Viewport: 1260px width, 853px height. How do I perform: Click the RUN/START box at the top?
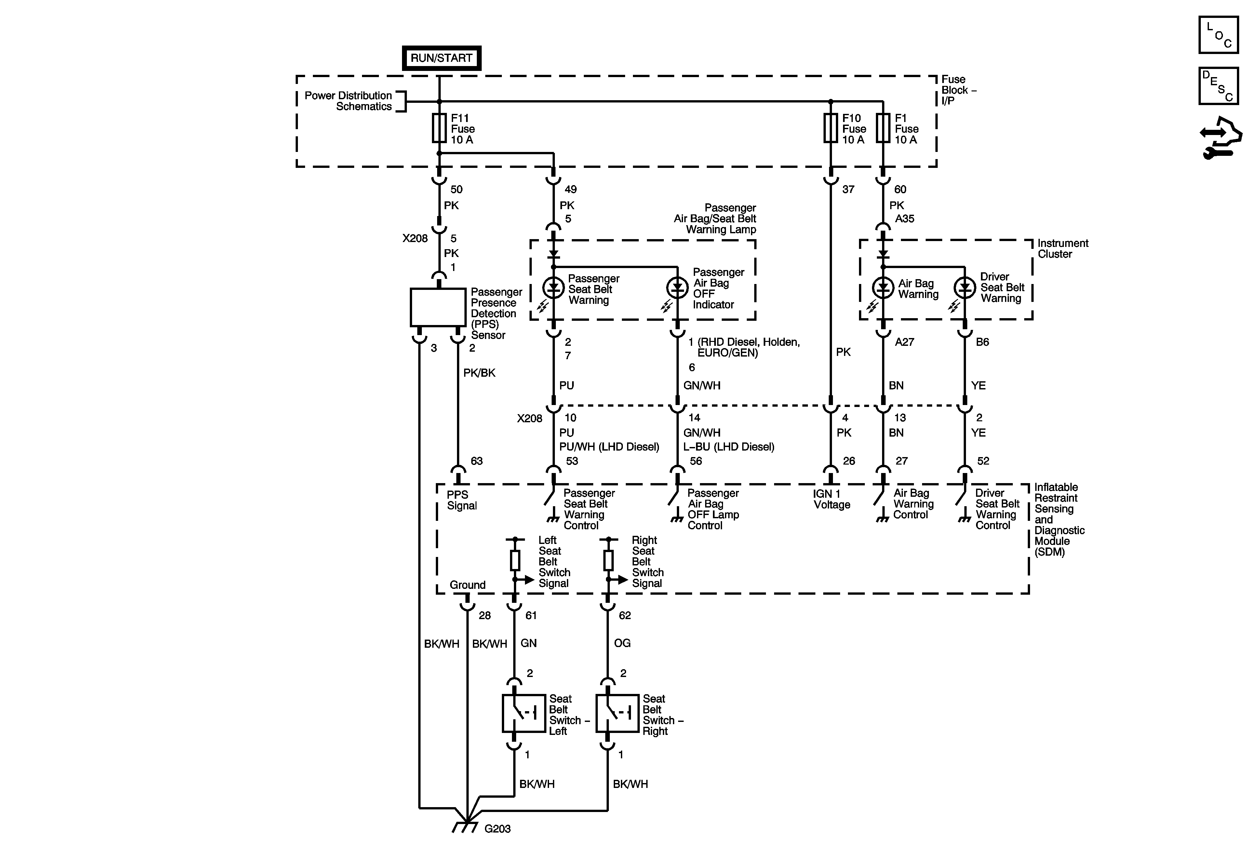click(x=441, y=58)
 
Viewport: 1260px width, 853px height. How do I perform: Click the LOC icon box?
click(x=1218, y=35)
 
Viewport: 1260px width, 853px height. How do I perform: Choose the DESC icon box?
click(x=1218, y=86)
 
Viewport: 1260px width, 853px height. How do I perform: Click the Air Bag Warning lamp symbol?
click(x=883, y=288)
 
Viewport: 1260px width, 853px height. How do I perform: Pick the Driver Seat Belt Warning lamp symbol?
click(x=965, y=288)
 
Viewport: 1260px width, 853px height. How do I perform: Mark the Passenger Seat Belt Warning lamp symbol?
click(x=554, y=288)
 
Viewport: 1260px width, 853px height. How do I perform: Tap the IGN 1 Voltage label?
click(x=831, y=499)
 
